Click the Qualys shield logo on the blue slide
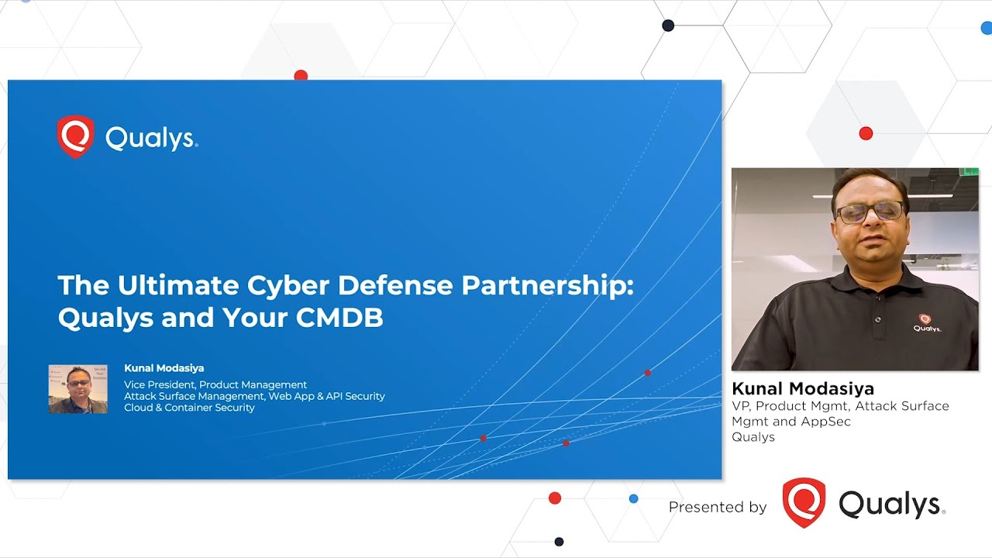(x=75, y=137)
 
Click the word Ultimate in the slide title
(x=177, y=285)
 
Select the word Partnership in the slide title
(x=547, y=285)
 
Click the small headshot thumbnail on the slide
(x=77, y=388)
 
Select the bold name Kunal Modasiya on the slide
(x=164, y=368)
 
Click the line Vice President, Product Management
(x=215, y=384)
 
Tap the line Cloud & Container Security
(x=189, y=408)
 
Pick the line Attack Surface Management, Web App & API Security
(x=254, y=396)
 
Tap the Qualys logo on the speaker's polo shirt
(x=927, y=323)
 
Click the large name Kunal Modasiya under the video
(x=802, y=388)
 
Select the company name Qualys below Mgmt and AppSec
(x=753, y=437)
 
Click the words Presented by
(x=717, y=507)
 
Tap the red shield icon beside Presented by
(x=804, y=503)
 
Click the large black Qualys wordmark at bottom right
(x=891, y=505)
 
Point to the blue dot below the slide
(x=633, y=498)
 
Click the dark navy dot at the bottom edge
(x=559, y=542)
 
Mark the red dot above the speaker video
(x=866, y=133)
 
